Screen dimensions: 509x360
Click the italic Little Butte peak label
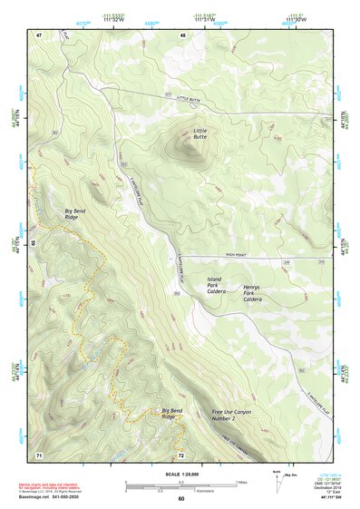200,135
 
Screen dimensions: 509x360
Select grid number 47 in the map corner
39,34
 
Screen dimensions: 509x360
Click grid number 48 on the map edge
182,34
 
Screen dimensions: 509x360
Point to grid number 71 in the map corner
39,454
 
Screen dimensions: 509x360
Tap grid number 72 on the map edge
181,454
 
